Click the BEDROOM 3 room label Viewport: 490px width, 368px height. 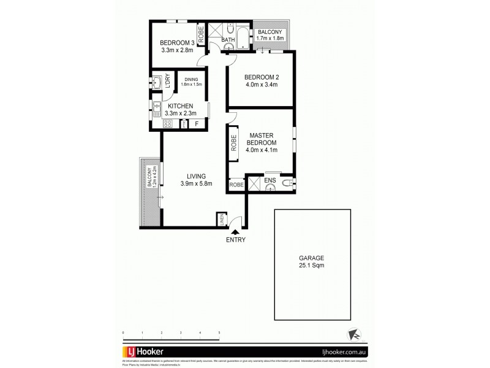176,42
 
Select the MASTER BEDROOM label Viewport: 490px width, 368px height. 262,138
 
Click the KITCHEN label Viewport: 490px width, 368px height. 181,106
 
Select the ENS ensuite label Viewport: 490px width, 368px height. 271,181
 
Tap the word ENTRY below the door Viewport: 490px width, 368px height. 236,240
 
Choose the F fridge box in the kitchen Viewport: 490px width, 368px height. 197,124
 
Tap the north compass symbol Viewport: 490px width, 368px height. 353,334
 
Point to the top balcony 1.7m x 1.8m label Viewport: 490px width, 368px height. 270,35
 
